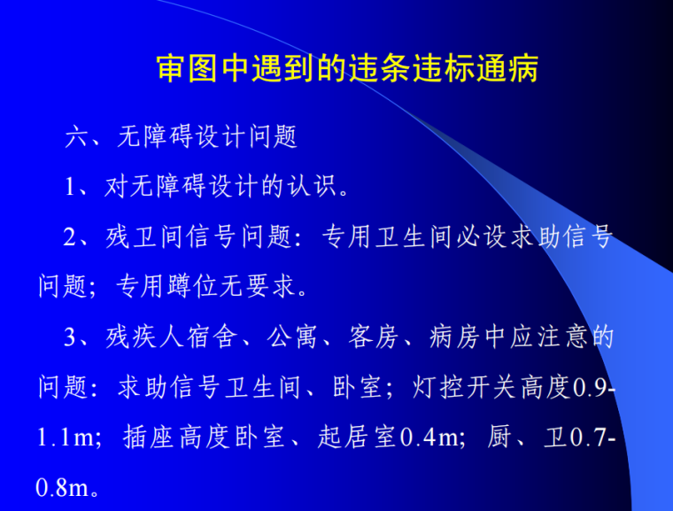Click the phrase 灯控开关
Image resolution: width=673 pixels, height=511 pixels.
click(x=460, y=388)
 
